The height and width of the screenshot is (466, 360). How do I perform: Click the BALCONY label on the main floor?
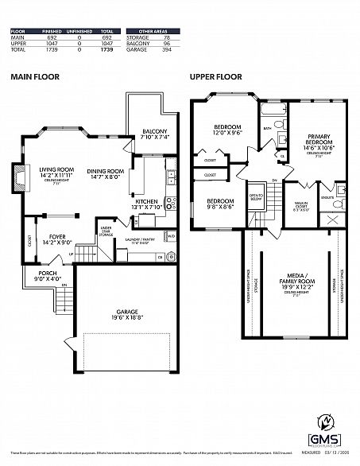point(154,134)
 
